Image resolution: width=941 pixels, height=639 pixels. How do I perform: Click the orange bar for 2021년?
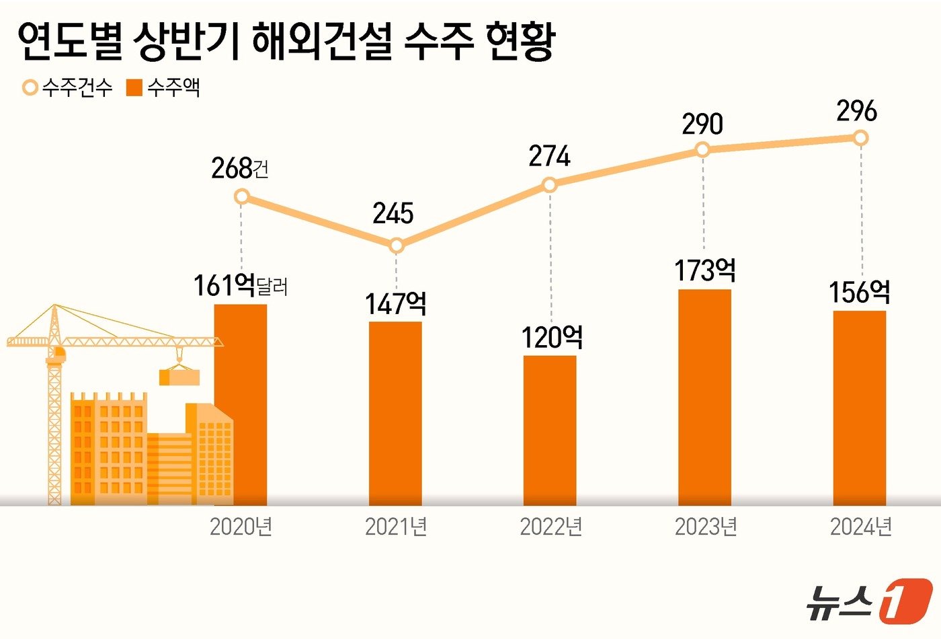pos(395,413)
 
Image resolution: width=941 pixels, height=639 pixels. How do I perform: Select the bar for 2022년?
pos(550,430)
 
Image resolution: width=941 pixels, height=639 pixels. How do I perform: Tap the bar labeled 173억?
pos(704,397)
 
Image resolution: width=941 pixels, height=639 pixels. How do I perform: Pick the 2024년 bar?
pos(859,408)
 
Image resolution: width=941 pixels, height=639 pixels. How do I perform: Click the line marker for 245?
pos(397,246)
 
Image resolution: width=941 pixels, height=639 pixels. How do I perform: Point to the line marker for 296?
pos(860,138)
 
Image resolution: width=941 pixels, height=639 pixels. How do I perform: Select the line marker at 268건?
pos(242,196)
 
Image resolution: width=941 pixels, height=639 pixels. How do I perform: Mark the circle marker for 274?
pos(550,184)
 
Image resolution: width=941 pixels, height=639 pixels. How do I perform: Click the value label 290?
pos(702,124)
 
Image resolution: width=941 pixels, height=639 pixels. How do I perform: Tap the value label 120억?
pos(552,337)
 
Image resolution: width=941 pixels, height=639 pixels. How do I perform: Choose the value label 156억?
pos(859,293)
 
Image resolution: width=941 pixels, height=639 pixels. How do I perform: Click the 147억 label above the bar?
pos(395,304)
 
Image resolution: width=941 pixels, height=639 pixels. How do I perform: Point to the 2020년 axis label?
pos(241,527)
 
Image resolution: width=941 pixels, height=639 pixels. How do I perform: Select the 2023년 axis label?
pos(706,527)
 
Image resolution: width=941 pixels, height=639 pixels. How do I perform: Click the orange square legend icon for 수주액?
pos(134,87)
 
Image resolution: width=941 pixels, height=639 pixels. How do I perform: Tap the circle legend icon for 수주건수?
pos(30,87)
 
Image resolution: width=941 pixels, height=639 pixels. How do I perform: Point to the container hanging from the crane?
pos(179,377)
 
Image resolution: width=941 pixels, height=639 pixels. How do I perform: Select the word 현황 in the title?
pos(520,42)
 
